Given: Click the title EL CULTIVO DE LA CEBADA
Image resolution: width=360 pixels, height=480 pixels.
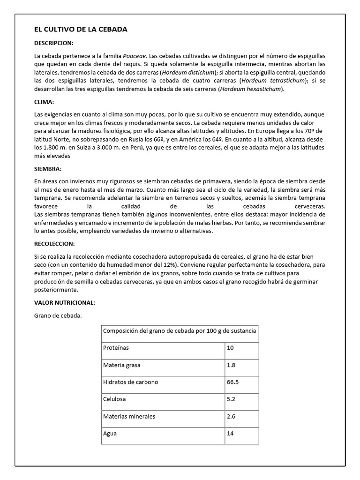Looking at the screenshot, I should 81,30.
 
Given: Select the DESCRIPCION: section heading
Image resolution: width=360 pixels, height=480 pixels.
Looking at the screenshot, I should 54,43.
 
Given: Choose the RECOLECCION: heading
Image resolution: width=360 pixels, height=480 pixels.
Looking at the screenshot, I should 55,244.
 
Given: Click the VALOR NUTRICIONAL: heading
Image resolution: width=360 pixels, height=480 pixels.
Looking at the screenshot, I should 65,302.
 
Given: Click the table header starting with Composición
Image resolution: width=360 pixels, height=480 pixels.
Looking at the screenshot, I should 180,331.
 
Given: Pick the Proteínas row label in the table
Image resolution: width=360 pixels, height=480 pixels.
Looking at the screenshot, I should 116,348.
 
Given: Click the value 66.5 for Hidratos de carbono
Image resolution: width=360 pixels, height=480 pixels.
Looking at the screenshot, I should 233,382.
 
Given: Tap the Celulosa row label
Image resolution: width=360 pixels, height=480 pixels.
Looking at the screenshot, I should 114,399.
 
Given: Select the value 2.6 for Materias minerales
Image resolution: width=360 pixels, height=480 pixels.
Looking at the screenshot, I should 231,416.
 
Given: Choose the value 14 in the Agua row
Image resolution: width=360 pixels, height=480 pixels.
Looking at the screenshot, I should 230,434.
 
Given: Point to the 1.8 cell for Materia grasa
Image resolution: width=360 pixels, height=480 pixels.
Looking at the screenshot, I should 231,365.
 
